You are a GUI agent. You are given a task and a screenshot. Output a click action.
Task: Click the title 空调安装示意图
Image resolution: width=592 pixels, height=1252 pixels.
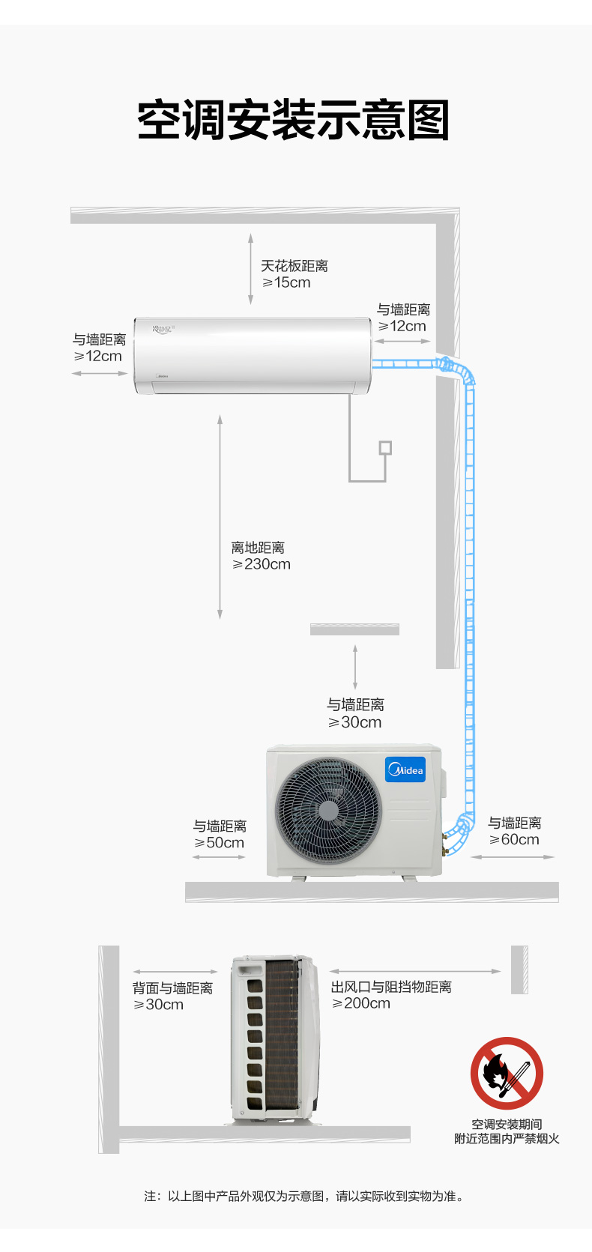[x=294, y=120]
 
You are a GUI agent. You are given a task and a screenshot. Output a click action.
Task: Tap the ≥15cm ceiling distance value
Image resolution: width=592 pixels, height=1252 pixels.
[x=286, y=282]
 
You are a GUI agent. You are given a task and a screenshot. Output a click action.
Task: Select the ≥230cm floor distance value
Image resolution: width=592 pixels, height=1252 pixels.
[x=261, y=564]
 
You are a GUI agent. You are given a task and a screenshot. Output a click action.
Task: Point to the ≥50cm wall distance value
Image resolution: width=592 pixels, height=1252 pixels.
[x=219, y=843]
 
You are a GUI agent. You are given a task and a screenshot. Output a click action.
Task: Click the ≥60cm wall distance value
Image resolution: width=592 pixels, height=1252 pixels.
[x=514, y=839]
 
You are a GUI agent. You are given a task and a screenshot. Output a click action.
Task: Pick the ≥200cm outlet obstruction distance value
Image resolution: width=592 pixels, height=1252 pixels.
[x=361, y=1003]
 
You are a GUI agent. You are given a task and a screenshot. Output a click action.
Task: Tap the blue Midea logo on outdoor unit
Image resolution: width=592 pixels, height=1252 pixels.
[x=405, y=770]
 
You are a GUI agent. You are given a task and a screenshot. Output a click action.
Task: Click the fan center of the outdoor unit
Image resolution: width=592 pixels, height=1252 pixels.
[x=328, y=811]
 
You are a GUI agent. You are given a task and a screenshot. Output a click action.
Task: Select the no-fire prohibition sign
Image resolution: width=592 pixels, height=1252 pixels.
[x=507, y=1073]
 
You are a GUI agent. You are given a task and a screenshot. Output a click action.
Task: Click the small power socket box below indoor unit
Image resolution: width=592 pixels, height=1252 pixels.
[x=385, y=448]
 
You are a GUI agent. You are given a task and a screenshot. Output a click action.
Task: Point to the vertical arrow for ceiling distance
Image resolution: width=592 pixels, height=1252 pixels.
[x=250, y=270]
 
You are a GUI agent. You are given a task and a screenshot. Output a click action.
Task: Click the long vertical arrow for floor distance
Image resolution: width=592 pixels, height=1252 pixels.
[x=220, y=517]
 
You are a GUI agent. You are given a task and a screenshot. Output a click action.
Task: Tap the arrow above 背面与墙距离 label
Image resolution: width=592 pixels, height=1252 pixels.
[x=175, y=972]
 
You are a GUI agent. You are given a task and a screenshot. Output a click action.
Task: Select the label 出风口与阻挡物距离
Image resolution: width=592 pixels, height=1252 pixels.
[x=391, y=987]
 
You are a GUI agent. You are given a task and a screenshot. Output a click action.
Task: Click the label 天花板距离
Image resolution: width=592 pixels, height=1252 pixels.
[x=295, y=266]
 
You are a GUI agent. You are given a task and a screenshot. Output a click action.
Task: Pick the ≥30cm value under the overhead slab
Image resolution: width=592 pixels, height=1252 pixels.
[x=354, y=723]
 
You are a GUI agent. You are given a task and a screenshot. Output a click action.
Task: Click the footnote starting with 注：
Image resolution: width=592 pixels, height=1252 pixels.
[x=304, y=1196]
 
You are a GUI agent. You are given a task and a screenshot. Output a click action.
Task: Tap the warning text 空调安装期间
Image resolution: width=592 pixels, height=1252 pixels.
[x=507, y=1124]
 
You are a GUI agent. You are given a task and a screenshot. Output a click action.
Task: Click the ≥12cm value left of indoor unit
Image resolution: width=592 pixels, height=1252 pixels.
[x=98, y=356]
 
